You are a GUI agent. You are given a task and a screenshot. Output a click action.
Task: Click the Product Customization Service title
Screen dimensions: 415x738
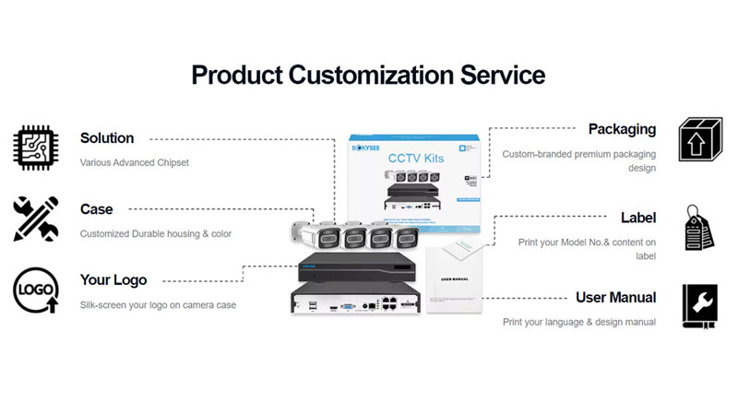[368, 74]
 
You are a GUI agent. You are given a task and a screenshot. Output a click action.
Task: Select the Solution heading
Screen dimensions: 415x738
[107, 138]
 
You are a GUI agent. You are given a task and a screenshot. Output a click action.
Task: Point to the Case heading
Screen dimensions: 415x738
[97, 209]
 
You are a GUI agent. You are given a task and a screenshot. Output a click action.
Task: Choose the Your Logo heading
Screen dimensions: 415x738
[113, 279]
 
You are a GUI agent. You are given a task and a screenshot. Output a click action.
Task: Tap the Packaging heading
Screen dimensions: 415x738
[622, 129]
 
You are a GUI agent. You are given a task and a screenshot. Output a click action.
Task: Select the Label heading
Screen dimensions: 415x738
[638, 218]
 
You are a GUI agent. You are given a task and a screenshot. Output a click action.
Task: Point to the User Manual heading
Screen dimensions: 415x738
[615, 297]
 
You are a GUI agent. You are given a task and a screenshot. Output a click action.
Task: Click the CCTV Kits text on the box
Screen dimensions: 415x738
[417, 160]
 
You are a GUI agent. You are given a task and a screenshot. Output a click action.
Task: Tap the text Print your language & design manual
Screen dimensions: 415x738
[579, 323]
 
